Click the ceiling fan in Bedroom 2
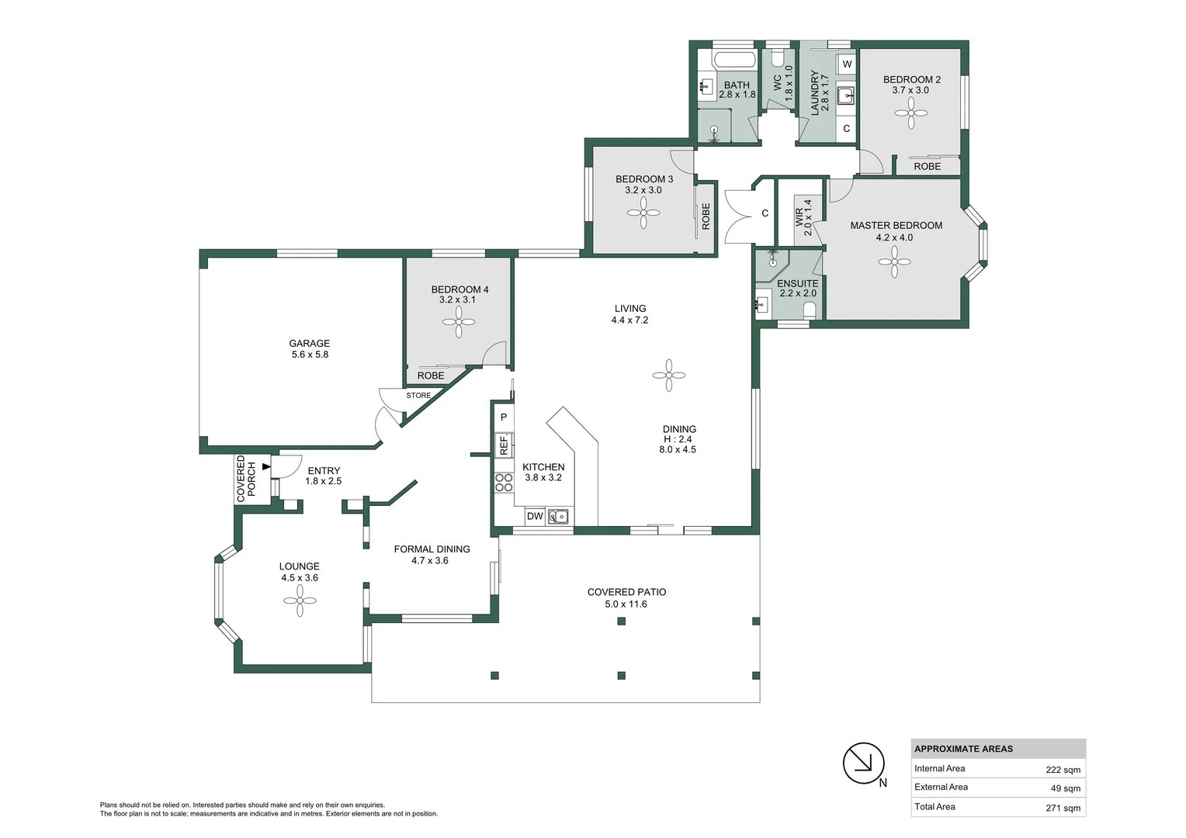pos(911,113)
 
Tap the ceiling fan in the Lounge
pos(300,601)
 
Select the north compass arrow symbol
pos(864,763)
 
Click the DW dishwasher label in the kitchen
pos(535,516)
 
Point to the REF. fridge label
pos(504,445)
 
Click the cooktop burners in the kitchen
pos(504,483)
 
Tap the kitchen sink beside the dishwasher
pos(557,516)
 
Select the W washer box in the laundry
pos(847,64)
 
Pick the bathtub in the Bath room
pos(737,59)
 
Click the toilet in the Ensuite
pos(810,310)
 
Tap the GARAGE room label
pos(309,343)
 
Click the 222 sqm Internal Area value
pos(1063,770)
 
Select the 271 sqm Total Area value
pos(1063,808)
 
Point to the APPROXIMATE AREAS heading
pos(964,749)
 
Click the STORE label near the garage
pos(418,396)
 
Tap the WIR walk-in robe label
pos(799,217)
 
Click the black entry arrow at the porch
pos(266,467)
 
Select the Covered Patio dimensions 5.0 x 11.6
pos(626,604)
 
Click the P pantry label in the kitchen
pos(504,417)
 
